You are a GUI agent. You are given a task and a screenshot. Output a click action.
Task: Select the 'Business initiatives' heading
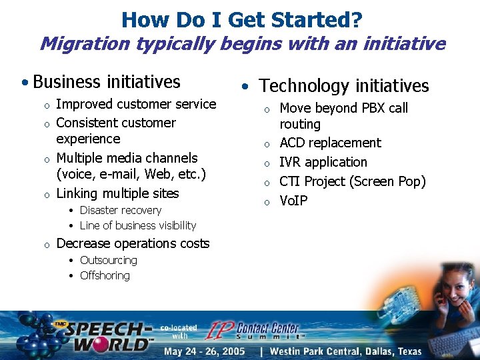point(106,82)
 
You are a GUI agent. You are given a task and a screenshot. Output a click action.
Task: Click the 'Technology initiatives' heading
point(343,86)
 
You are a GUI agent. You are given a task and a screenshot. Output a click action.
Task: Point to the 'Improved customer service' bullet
point(136,104)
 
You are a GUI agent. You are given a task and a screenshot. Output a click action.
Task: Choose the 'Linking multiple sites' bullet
point(117,193)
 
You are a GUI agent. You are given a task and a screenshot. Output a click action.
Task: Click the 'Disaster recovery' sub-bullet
point(120,210)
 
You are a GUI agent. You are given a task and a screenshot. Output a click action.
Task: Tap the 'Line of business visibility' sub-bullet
point(137,225)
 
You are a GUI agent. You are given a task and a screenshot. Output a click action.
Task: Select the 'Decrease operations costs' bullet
point(133,243)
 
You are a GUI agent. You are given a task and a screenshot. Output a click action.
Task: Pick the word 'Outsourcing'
point(108,260)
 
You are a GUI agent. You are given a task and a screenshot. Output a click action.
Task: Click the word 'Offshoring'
point(105,275)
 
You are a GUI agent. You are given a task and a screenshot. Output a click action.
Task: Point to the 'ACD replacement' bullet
point(330,143)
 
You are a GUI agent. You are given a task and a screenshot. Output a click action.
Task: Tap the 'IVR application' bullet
point(323,162)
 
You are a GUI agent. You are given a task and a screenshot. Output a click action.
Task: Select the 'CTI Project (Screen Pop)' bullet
point(352,181)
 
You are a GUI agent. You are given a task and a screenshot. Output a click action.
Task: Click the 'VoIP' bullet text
point(293,200)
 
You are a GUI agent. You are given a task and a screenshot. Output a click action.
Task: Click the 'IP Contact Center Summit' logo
point(257,331)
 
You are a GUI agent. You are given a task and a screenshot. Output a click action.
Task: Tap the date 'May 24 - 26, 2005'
point(205,351)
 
